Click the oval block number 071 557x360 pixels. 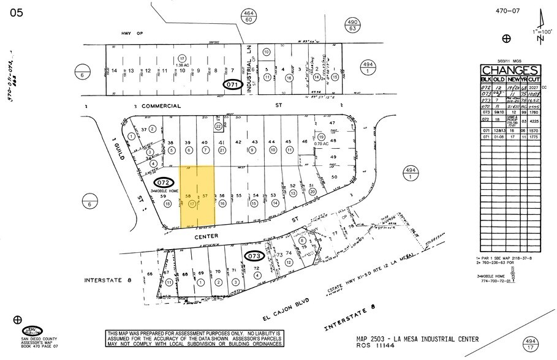(232, 85)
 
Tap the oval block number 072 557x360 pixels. (163, 182)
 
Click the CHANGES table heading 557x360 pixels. (509, 70)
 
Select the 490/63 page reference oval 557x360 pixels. (352, 25)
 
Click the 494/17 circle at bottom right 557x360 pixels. (532, 343)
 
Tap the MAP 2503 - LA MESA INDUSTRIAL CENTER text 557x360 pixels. (417, 339)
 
